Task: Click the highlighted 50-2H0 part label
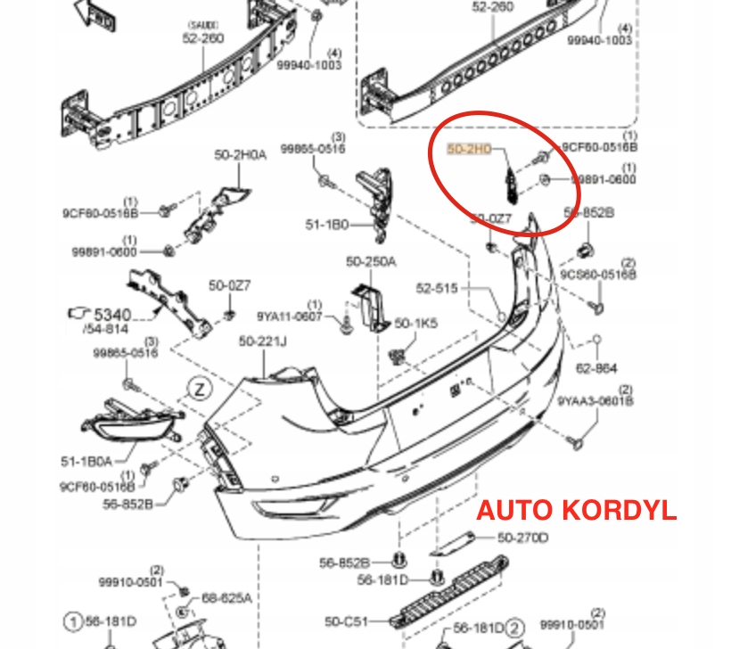click(469, 150)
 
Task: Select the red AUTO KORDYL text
click(576, 511)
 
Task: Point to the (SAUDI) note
click(204, 24)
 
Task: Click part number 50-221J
click(263, 341)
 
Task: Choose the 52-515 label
click(435, 288)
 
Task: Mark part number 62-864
click(596, 367)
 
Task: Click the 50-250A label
click(371, 261)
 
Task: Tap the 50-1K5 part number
click(416, 324)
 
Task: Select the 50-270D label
click(522, 538)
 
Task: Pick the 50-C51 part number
click(347, 620)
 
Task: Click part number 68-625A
click(226, 597)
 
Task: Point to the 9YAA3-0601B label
click(596, 402)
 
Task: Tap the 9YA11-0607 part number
click(290, 316)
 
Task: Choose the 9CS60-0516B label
click(598, 275)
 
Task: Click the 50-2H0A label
click(240, 154)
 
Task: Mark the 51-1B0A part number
click(86, 461)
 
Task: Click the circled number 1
click(71, 621)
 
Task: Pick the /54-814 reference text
click(105, 329)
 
